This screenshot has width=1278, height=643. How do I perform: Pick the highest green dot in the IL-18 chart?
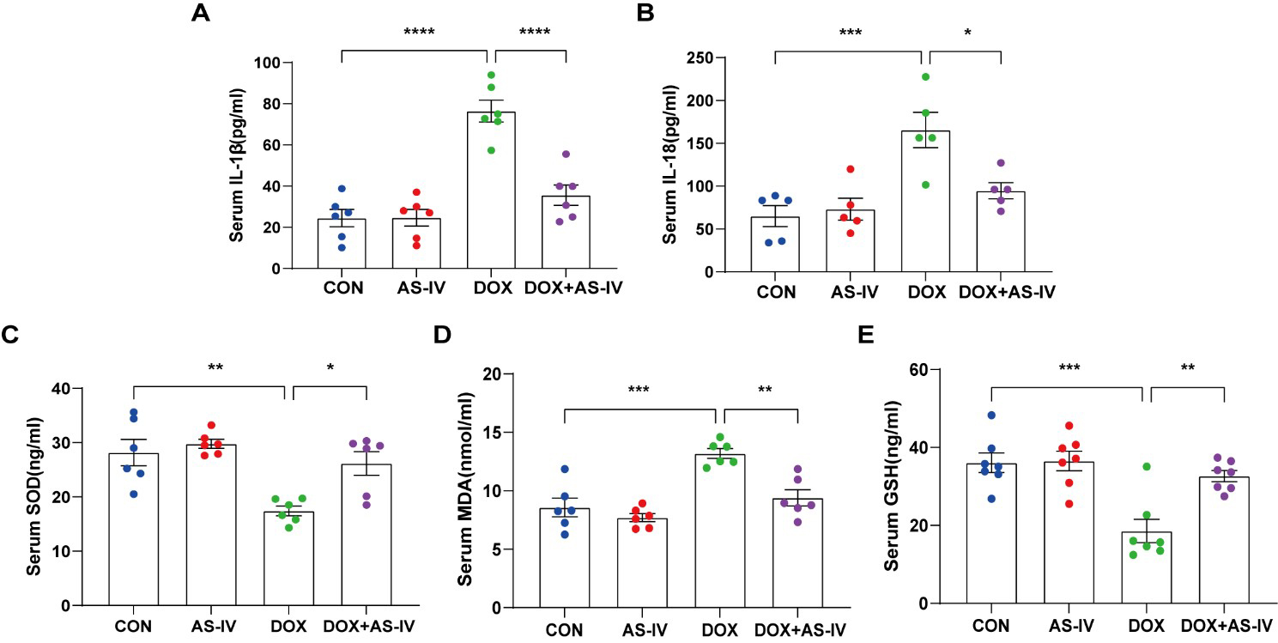tap(924, 76)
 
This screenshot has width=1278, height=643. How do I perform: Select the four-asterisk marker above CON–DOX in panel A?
tap(420, 33)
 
